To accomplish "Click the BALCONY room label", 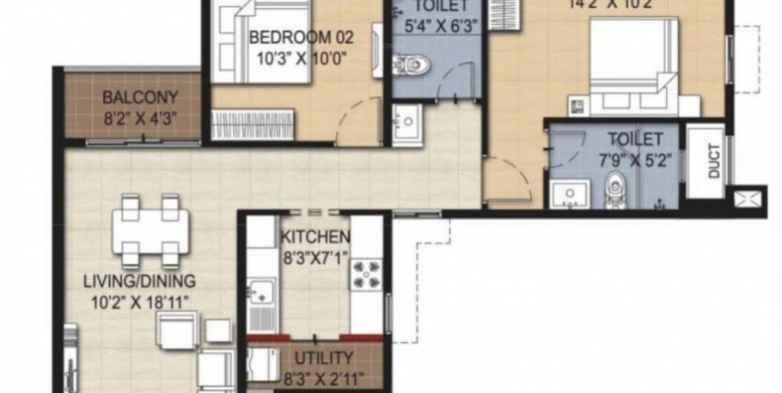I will pyautogui.click(x=140, y=99).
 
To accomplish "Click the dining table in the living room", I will pyautogui.click(x=150, y=229).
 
